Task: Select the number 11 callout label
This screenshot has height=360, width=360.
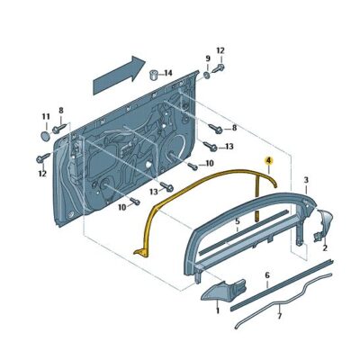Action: (x=45, y=117)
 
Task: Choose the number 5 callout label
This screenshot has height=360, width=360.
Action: (x=237, y=220)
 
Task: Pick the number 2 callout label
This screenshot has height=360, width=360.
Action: (x=324, y=246)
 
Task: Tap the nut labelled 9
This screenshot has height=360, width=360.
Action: (x=206, y=75)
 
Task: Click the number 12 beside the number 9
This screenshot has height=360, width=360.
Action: (x=220, y=50)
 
